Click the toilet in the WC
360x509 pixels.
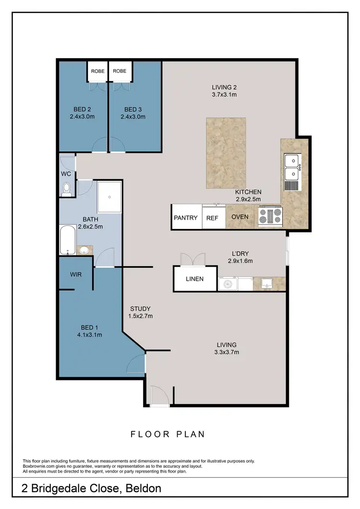click(66, 189)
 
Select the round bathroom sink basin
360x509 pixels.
click(84, 250)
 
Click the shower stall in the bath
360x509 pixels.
click(109, 197)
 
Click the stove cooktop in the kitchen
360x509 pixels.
click(271, 217)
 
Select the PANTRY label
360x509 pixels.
click(186, 217)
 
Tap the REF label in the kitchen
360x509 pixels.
click(212, 217)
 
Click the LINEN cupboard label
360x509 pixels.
click(194, 279)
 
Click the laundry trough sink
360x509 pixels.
click(266, 284)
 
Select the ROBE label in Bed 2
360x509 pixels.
click(98, 71)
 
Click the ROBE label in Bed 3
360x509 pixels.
click(120, 71)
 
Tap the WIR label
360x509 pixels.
click(75, 274)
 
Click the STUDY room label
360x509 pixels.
click(140, 308)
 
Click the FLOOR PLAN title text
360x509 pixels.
click(168, 434)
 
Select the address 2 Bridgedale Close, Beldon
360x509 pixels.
click(92, 488)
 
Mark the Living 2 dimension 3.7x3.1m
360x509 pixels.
click(225, 95)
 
